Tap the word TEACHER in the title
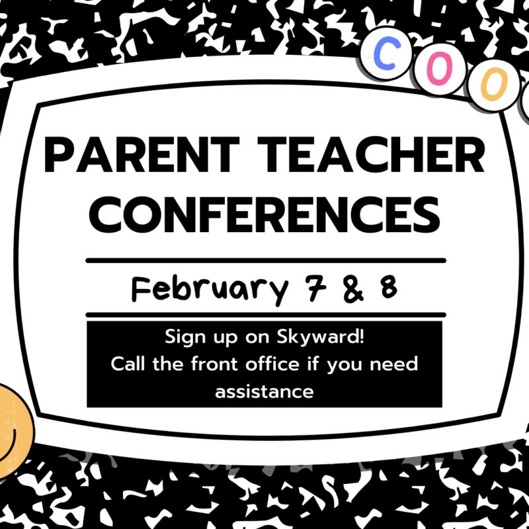click(371, 155)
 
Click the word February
click(210, 290)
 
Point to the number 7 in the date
click(315, 288)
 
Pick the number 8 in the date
click(389, 287)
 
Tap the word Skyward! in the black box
click(321, 337)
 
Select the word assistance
click(264, 391)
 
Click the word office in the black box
click(272, 364)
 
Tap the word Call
click(128, 364)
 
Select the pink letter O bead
click(440, 69)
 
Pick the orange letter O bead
click(494, 85)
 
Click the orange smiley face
click(13, 431)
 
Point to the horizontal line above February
click(266, 261)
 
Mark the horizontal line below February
click(266, 315)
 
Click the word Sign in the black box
click(185, 337)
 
